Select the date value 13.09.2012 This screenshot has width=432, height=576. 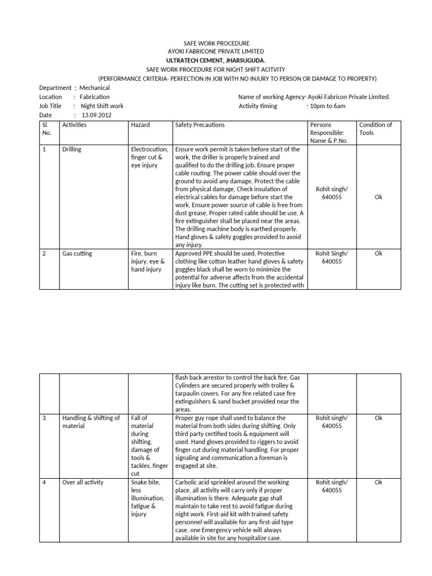pyautogui.click(x=96, y=115)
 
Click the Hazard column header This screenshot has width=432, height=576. pyautogui.click(x=140, y=125)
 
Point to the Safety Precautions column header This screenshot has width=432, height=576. pyautogui.click(x=200, y=125)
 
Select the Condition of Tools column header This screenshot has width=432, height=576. pyautogui.click(x=375, y=129)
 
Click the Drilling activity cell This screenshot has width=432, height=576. pyautogui.click(x=72, y=150)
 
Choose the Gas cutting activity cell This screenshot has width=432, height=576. pyautogui.click(x=77, y=254)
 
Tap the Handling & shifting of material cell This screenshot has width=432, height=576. pyautogui.click(x=91, y=422)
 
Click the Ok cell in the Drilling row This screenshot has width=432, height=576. pyautogui.click(x=378, y=197)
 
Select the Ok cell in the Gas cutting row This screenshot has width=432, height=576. pyautogui.click(x=378, y=254)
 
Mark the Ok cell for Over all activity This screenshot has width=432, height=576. pyautogui.click(x=378, y=483)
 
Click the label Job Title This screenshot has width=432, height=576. pyautogui.click(x=50, y=106)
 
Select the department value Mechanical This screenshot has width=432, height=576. pyautogui.click(x=94, y=88)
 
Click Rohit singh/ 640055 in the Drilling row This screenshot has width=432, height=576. pyautogui.click(x=331, y=193)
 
